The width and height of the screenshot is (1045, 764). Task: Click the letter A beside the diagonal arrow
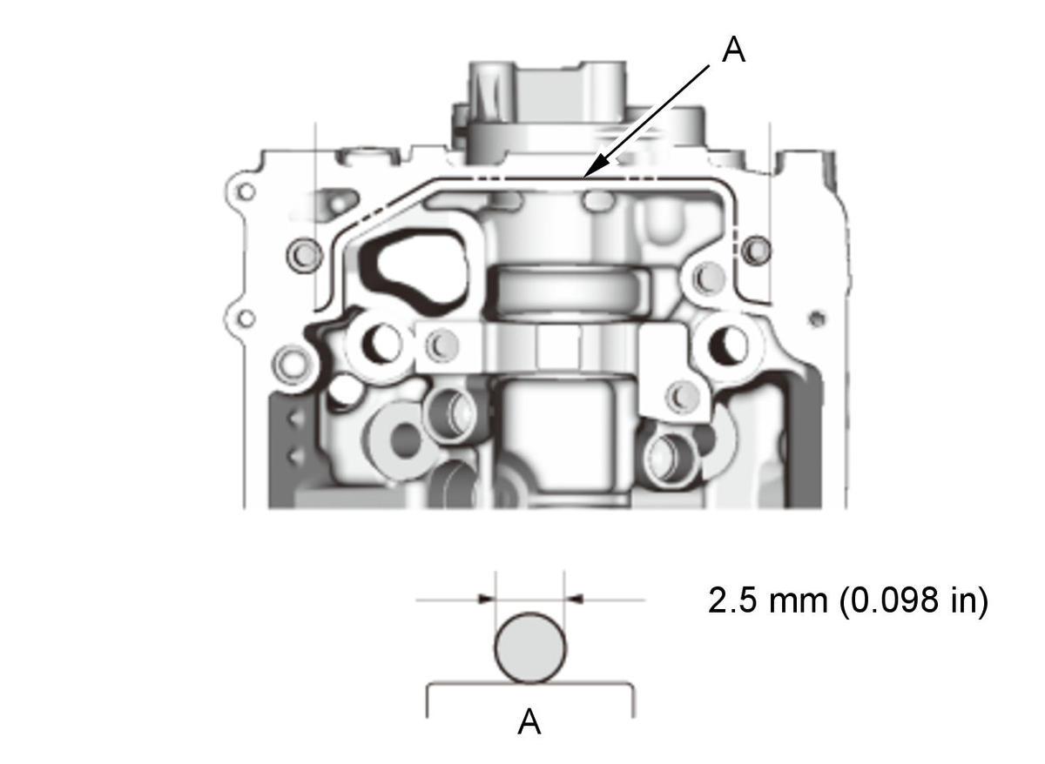733,50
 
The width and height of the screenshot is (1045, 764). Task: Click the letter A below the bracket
529,722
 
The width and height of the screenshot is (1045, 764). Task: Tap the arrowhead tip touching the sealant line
583,178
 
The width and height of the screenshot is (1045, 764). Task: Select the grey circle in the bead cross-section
530,648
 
